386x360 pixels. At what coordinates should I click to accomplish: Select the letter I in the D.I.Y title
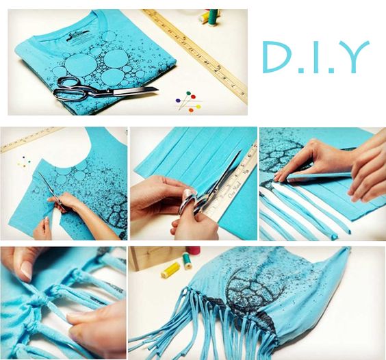tap(317, 57)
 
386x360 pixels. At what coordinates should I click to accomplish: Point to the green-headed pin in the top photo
tap(189, 94)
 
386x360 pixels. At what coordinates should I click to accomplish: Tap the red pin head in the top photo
tap(193, 97)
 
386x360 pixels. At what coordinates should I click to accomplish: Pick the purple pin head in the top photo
tap(178, 101)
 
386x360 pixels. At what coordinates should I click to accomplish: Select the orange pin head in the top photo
tap(190, 110)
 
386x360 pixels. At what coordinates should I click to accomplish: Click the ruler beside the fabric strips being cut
tap(235, 183)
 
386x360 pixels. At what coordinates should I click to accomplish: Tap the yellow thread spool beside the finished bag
tap(171, 270)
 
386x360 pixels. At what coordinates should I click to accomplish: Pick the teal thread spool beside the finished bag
tap(188, 261)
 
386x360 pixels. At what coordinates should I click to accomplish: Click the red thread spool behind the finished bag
tap(194, 250)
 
